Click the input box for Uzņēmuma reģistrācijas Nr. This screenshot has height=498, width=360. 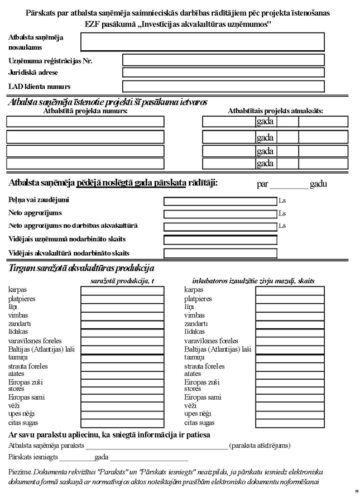[223, 60]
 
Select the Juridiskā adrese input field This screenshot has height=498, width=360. [223, 72]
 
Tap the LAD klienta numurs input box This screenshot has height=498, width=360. [223, 87]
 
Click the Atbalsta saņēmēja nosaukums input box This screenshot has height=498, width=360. [203, 42]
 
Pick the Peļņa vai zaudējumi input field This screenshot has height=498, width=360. [220, 201]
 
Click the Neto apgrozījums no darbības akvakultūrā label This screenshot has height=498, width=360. [73, 226]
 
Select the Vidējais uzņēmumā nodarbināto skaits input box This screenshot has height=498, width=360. [220, 240]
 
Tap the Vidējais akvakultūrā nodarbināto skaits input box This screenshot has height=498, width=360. [220, 253]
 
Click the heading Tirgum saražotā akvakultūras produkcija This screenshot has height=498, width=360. [81, 268]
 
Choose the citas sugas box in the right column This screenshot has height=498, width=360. [289, 423]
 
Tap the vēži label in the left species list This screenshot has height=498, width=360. [14, 405]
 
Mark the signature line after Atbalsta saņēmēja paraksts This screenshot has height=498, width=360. [157, 447]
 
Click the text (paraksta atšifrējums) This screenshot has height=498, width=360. [260, 446]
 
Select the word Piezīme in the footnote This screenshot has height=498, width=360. [21, 472]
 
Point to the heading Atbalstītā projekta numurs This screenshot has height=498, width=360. [85, 111]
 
